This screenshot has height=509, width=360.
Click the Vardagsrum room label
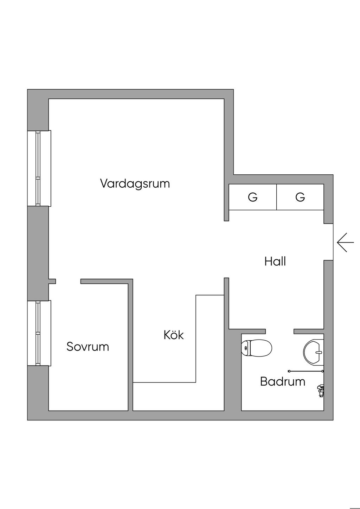click(135, 183)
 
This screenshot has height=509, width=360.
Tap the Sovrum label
click(88, 347)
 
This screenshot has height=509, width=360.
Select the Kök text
click(174, 335)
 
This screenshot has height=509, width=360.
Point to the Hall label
click(275, 262)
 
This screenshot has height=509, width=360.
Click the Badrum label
click(283, 381)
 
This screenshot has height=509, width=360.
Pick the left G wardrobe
click(252, 197)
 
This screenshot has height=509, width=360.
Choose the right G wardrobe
click(300, 197)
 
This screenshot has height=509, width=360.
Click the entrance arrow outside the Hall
click(345, 242)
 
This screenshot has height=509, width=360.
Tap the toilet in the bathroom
click(257, 348)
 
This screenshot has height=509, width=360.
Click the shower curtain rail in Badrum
click(306, 371)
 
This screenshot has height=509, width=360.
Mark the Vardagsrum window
click(39, 168)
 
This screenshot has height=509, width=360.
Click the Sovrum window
click(39, 333)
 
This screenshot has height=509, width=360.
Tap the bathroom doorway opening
click(279, 331)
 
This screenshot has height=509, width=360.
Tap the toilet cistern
click(245, 348)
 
